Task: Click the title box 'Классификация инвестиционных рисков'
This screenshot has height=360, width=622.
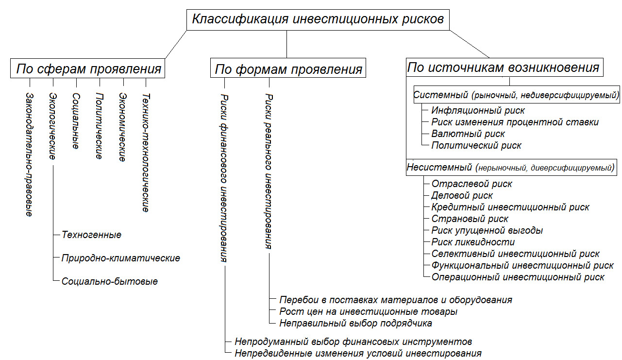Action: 318,20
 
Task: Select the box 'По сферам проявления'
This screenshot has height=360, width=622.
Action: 87,69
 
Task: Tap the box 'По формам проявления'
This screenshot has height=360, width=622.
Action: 288,68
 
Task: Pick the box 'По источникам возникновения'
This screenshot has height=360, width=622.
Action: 504,67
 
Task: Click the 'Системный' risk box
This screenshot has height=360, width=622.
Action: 517,94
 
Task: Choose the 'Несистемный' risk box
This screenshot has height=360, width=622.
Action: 511,167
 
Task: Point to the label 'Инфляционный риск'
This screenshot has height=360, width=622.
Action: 478,111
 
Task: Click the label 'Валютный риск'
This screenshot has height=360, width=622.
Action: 468,134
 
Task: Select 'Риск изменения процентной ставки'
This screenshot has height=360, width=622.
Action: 515,122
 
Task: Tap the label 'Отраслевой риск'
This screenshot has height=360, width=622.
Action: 472,184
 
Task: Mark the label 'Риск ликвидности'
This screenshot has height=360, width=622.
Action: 473,242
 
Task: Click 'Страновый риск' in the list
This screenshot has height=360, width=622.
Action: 470,219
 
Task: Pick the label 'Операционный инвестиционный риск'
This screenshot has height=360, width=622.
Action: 518,277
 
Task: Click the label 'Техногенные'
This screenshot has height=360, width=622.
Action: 91,235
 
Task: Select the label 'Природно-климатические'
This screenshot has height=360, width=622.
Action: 121,258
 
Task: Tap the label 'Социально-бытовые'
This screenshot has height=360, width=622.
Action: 110,282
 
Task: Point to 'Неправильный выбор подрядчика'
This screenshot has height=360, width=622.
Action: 356,324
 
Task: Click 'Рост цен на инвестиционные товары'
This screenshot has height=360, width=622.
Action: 368,312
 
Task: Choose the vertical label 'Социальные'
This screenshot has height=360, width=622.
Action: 76,121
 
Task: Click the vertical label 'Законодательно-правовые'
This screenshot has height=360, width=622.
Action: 29,154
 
